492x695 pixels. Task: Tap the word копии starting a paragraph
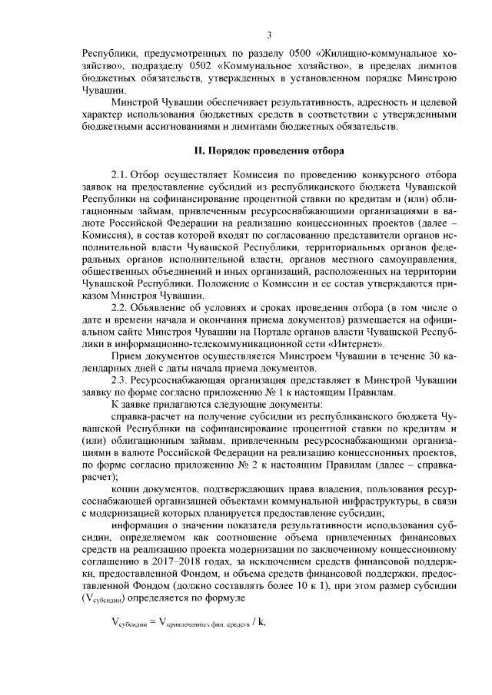pos(125,490)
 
